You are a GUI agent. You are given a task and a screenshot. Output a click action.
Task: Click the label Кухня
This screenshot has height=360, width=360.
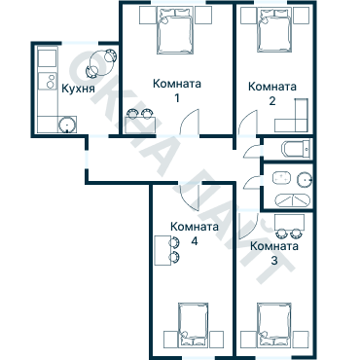[x=78, y=89]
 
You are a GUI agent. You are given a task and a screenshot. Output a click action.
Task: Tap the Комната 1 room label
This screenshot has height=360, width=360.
[x=176, y=90]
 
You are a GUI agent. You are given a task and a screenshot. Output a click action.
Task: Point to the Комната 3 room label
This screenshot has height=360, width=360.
[x=274, y=252]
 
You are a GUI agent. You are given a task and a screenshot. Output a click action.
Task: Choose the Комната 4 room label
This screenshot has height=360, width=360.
[x=194, y=233]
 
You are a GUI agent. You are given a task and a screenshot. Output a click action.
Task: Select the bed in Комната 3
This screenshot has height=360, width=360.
[x=275, y=325]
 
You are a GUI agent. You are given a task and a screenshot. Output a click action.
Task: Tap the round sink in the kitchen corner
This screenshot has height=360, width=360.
[x=66, y=124]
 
